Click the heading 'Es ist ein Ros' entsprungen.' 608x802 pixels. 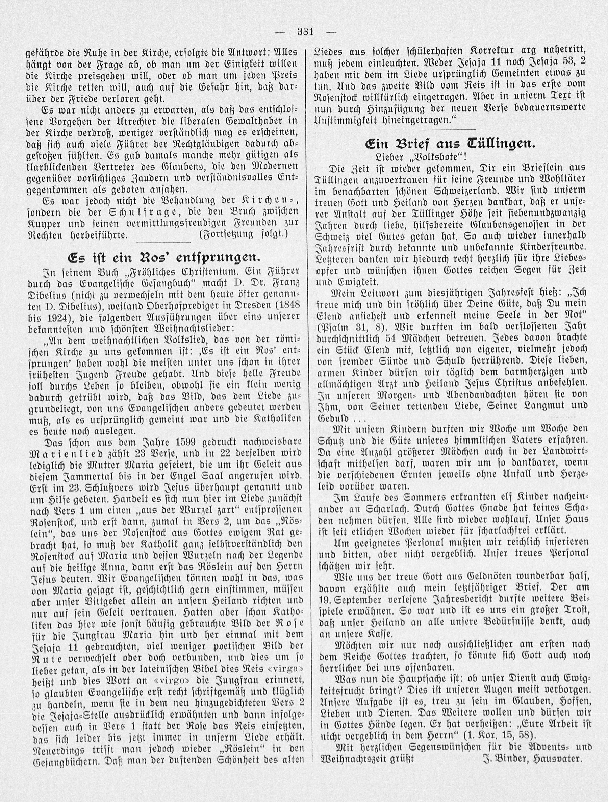click(x=164, y=258)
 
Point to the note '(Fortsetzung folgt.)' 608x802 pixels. click(x=243, y=234)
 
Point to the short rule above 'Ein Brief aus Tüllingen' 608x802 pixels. click(x=449, y=129)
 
